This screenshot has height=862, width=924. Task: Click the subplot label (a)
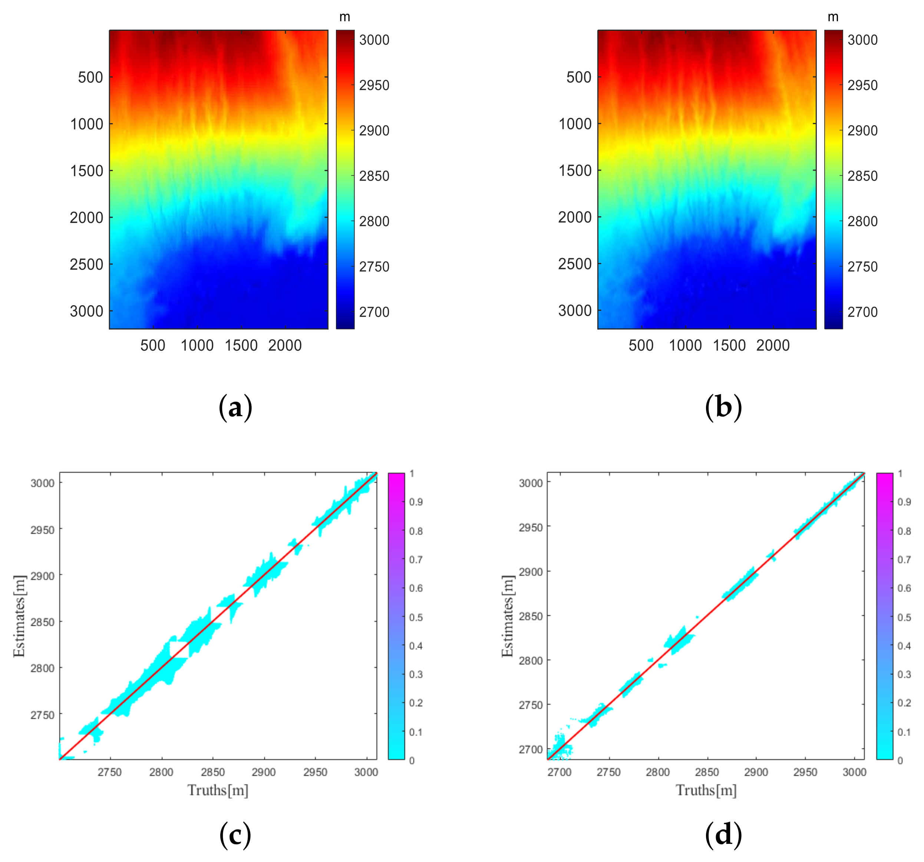(x=235, y=407)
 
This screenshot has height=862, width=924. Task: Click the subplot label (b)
(x=723, y=407)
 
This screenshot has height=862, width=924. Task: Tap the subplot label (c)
(x=235, y=835)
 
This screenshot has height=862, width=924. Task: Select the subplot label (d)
(x=723, y=835)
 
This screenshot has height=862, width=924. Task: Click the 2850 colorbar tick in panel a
(x=374, y=176)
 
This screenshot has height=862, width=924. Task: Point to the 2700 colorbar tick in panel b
(x=863, y=312)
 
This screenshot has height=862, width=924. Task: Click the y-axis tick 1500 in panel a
(x=86, y=171)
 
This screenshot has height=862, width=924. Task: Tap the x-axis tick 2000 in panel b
(x=773, y=345)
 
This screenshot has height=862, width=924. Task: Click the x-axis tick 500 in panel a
(x=153, y=345)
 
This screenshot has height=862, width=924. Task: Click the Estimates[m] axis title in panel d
(x=508, y=616)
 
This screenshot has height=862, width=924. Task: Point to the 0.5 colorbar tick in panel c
(x=416, y=617)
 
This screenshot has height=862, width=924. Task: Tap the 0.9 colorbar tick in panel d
(x=904, y=502)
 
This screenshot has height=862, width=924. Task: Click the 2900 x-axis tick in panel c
(x=264, y=772)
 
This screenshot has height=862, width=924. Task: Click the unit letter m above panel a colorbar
(x=344, y=17)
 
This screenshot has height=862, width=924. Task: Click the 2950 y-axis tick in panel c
(x=42, y=530)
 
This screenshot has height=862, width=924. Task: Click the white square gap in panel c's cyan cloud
(x=179, y=649)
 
